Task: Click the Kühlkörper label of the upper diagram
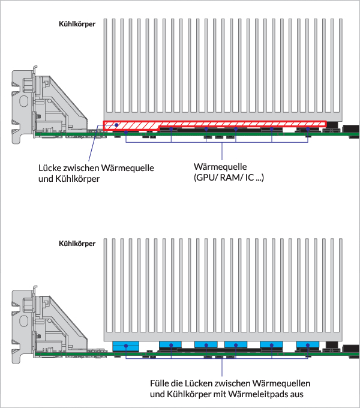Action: coord(77,24)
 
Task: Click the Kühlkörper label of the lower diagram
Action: coord(77,244)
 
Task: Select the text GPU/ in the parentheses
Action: coord(206,178)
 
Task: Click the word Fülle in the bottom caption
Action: coord(160,383)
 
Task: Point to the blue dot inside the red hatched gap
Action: coord(117,125)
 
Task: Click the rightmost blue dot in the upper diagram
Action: coord(308,129)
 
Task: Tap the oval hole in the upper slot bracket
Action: coord(23,101)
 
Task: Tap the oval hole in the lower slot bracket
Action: coord(23,320)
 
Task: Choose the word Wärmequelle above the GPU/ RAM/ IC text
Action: coord(220,167)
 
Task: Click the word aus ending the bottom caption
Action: coord(295,395)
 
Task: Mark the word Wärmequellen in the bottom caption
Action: coord(281,383)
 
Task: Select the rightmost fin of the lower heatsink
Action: coord(341,286)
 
